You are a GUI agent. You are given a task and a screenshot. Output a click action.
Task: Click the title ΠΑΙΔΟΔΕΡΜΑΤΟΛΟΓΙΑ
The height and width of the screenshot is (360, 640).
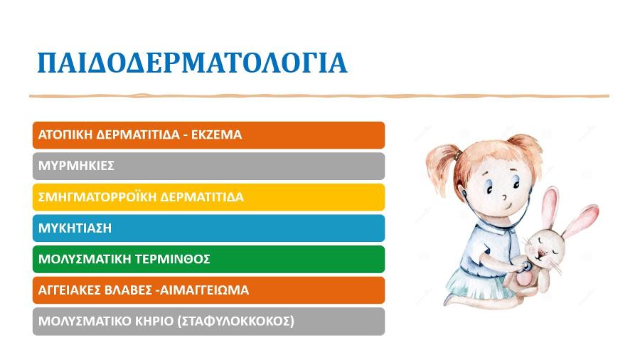click(192, 63)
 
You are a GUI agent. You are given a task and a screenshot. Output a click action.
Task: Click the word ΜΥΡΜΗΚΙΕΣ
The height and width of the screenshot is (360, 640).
click(76, 166)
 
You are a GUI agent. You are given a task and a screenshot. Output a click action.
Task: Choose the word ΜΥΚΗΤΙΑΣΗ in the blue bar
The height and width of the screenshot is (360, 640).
click(75, 228)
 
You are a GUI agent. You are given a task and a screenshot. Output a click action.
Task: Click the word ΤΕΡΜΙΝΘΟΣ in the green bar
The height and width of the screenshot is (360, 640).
click(173, 259)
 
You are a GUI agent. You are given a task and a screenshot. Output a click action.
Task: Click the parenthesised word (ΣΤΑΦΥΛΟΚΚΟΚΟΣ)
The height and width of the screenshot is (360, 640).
click(236, 321)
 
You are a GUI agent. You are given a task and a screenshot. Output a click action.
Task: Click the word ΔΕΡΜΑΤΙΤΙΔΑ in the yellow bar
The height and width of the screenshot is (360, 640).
click(202, 197)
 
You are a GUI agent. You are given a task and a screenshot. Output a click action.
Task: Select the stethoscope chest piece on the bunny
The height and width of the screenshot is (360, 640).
click(526, 267)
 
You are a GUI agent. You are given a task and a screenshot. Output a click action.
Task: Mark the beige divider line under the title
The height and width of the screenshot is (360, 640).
click(319, 96)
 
